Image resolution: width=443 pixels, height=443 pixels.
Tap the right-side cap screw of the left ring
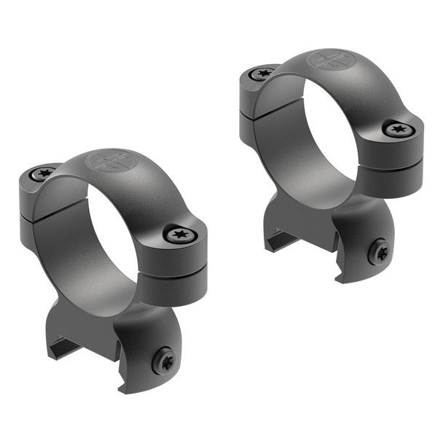[179, 234]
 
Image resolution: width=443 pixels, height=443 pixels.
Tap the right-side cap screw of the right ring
[398, 130]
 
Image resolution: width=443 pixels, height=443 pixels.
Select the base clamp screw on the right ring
[380, 252]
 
